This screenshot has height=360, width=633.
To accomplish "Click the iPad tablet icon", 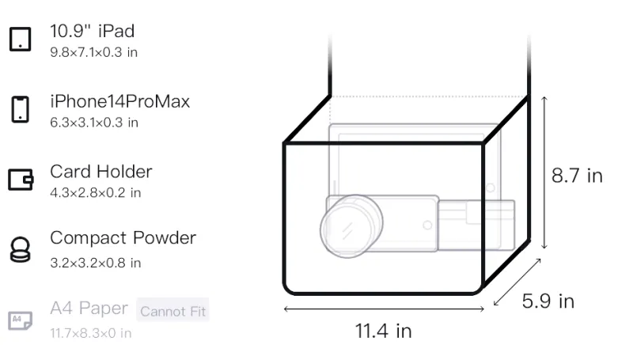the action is [x=21, y=39].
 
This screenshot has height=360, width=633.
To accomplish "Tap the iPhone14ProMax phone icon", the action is [x=21, y=109].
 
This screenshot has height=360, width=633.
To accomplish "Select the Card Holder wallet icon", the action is [x=21, y=179].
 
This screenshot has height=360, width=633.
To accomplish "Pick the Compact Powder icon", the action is [x=21, y=250].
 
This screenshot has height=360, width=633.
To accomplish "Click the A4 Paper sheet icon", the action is [x=21, y=320].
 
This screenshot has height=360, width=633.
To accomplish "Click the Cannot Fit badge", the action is [x=172, y=310].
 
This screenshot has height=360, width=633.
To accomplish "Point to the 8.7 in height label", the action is [x=577, y=176].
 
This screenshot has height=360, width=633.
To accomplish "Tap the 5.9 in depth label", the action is [x=548, y=301].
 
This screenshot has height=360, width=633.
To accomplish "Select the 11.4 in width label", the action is [x=383, y=331].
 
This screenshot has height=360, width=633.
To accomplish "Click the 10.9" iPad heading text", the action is [x=92, y=31].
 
